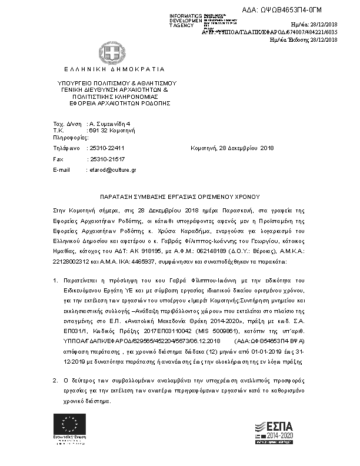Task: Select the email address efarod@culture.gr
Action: point(112,169)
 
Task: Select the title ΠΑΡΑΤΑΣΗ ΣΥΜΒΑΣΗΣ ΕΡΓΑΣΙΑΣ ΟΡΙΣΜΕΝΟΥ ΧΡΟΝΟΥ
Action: point(179,197)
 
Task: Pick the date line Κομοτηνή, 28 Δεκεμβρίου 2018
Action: point(232,148)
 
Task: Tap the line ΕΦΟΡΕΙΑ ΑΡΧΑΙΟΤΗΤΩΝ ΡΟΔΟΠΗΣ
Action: point(119,102)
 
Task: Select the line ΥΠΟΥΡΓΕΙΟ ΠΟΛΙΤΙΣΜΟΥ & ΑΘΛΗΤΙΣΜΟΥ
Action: point(117,84)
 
